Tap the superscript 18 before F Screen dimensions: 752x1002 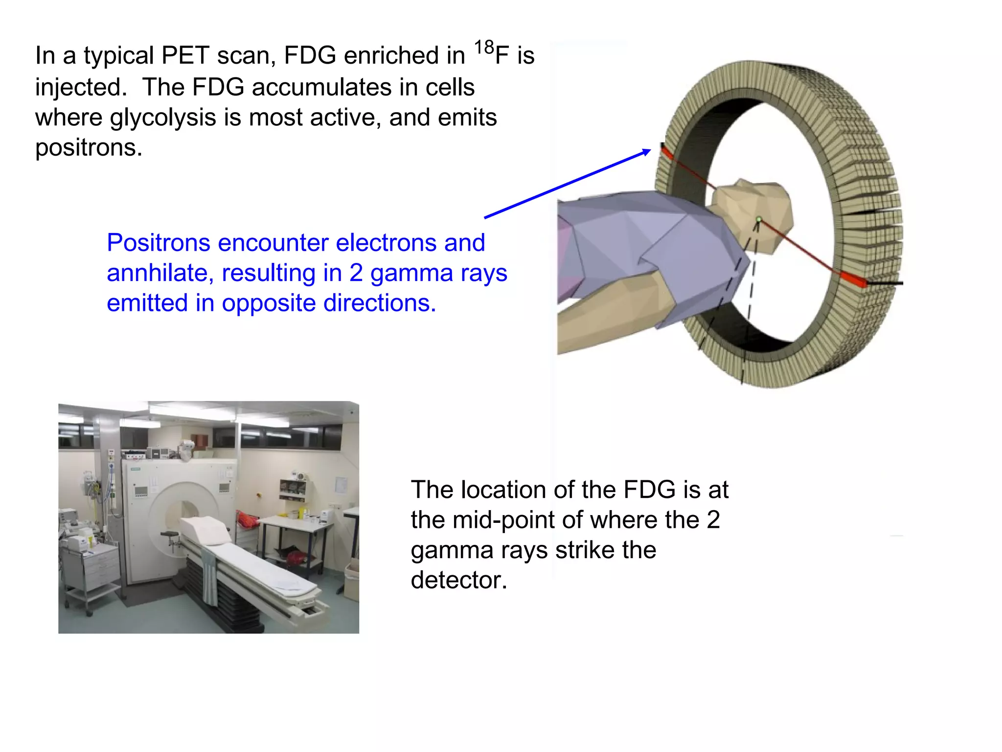click(x=484, y=48)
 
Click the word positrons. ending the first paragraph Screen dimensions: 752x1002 click(x=89, y=148)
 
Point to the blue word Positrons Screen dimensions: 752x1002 click(x=158, y=243)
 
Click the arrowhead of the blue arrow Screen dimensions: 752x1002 click(x=647, y=152)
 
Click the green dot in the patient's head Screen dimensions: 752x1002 click(x=758, y=220)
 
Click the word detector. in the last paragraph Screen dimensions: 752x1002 click(x=458, y=580)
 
